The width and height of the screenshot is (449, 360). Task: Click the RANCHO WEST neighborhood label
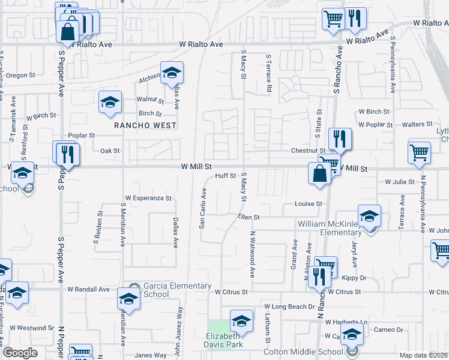pos(146,125)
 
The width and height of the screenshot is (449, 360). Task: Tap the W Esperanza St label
pos(148,198)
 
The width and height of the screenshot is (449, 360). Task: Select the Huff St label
pos(225,176)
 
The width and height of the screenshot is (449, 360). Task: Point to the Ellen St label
pos(248,217)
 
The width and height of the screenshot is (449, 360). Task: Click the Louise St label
pos(309,204)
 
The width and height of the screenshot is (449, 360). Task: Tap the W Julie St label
pos(400,181)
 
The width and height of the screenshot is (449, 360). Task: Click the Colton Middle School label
pos(316,352)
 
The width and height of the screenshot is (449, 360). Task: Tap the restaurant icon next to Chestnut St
pos(340,139)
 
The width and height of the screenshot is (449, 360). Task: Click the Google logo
pos(20,353)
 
